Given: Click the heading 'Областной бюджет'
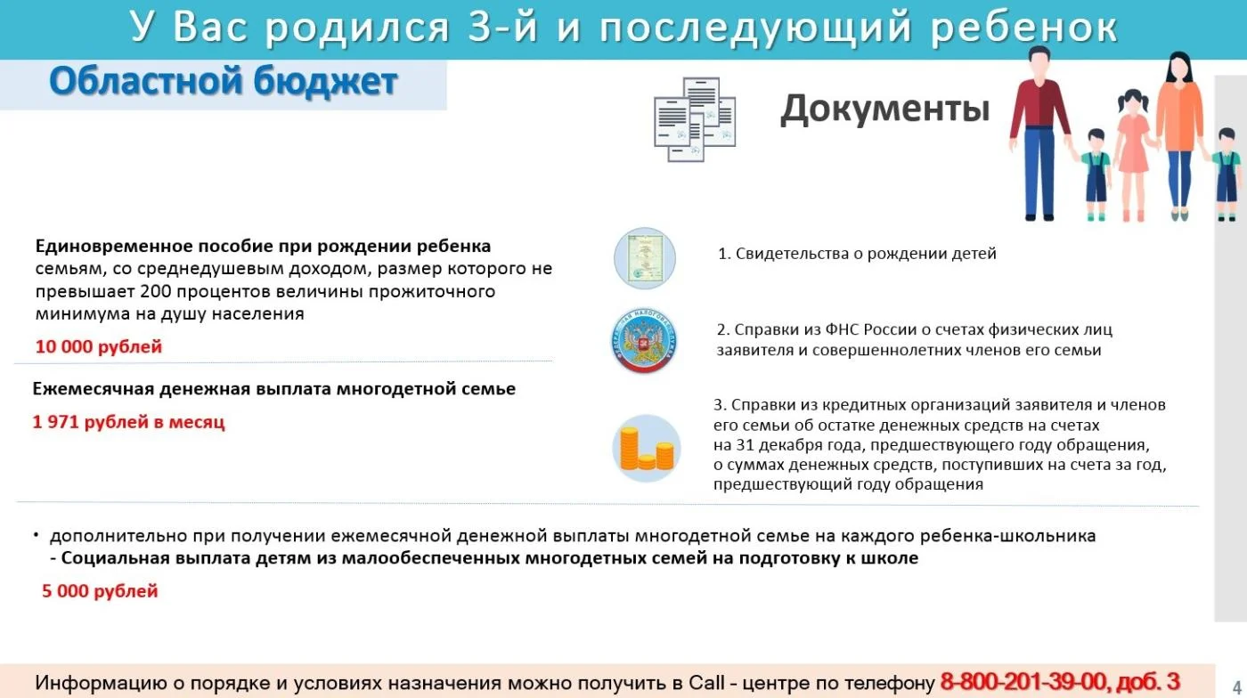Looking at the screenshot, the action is point(224,83).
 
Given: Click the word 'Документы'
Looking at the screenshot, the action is point(885,109).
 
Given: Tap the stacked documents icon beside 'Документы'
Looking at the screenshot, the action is point(695,119).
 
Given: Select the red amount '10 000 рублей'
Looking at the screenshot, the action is point(99,346).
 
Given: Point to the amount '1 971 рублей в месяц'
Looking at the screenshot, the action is point(128,422).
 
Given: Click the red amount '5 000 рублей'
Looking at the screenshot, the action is point(100,590).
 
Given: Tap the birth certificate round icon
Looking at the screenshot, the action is point(645,258).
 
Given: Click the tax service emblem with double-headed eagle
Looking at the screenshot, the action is point(644,340).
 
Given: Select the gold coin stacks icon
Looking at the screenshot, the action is point(647,448).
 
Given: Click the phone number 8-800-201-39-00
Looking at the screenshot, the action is point(1023,682).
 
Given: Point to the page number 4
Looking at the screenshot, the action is point(1237,686).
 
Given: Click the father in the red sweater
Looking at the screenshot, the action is point(1039,134).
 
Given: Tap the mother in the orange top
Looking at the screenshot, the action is point(1179,136).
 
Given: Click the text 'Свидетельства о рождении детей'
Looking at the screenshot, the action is point(866,254).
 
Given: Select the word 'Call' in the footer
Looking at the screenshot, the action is point(706,682).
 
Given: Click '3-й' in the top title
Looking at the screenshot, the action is point(503,27).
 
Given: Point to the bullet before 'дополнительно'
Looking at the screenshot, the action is point(37,535).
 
